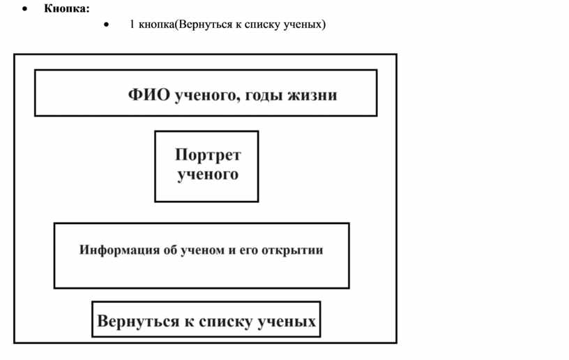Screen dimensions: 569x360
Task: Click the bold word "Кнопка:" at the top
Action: tap(67, 8)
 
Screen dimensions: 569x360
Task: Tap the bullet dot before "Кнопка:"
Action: tap(24, 9)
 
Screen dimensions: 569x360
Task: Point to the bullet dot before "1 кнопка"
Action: tap(106, 24)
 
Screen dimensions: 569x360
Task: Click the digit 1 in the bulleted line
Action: tap(132, 24)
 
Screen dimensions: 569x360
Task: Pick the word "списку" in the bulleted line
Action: tap(262, 24)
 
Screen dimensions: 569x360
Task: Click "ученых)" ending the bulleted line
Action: tap(305, 24)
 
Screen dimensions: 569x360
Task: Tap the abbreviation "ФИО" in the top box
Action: tap(149, 95)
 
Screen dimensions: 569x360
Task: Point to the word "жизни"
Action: tap(312, 95)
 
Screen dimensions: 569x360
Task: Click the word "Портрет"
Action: tap(208, 156)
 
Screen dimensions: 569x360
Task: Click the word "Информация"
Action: tap(119, 250)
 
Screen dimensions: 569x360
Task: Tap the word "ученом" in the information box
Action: tap(202, 250)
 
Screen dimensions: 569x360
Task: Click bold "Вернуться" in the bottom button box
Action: tap(138, 321)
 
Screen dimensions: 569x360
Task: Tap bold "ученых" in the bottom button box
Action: tap(286, 322)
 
